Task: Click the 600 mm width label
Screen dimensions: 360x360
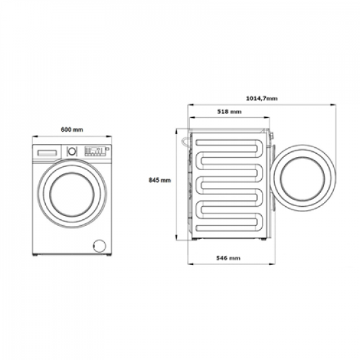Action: point(72,130)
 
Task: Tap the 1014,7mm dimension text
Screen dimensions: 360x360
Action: point(262,98)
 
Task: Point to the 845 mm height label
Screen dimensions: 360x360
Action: point(160,179)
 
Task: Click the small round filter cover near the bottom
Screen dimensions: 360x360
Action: point(99,244)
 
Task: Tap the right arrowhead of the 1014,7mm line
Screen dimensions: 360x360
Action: point(337,105)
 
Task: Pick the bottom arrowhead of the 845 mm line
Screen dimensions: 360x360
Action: point(176,236)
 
